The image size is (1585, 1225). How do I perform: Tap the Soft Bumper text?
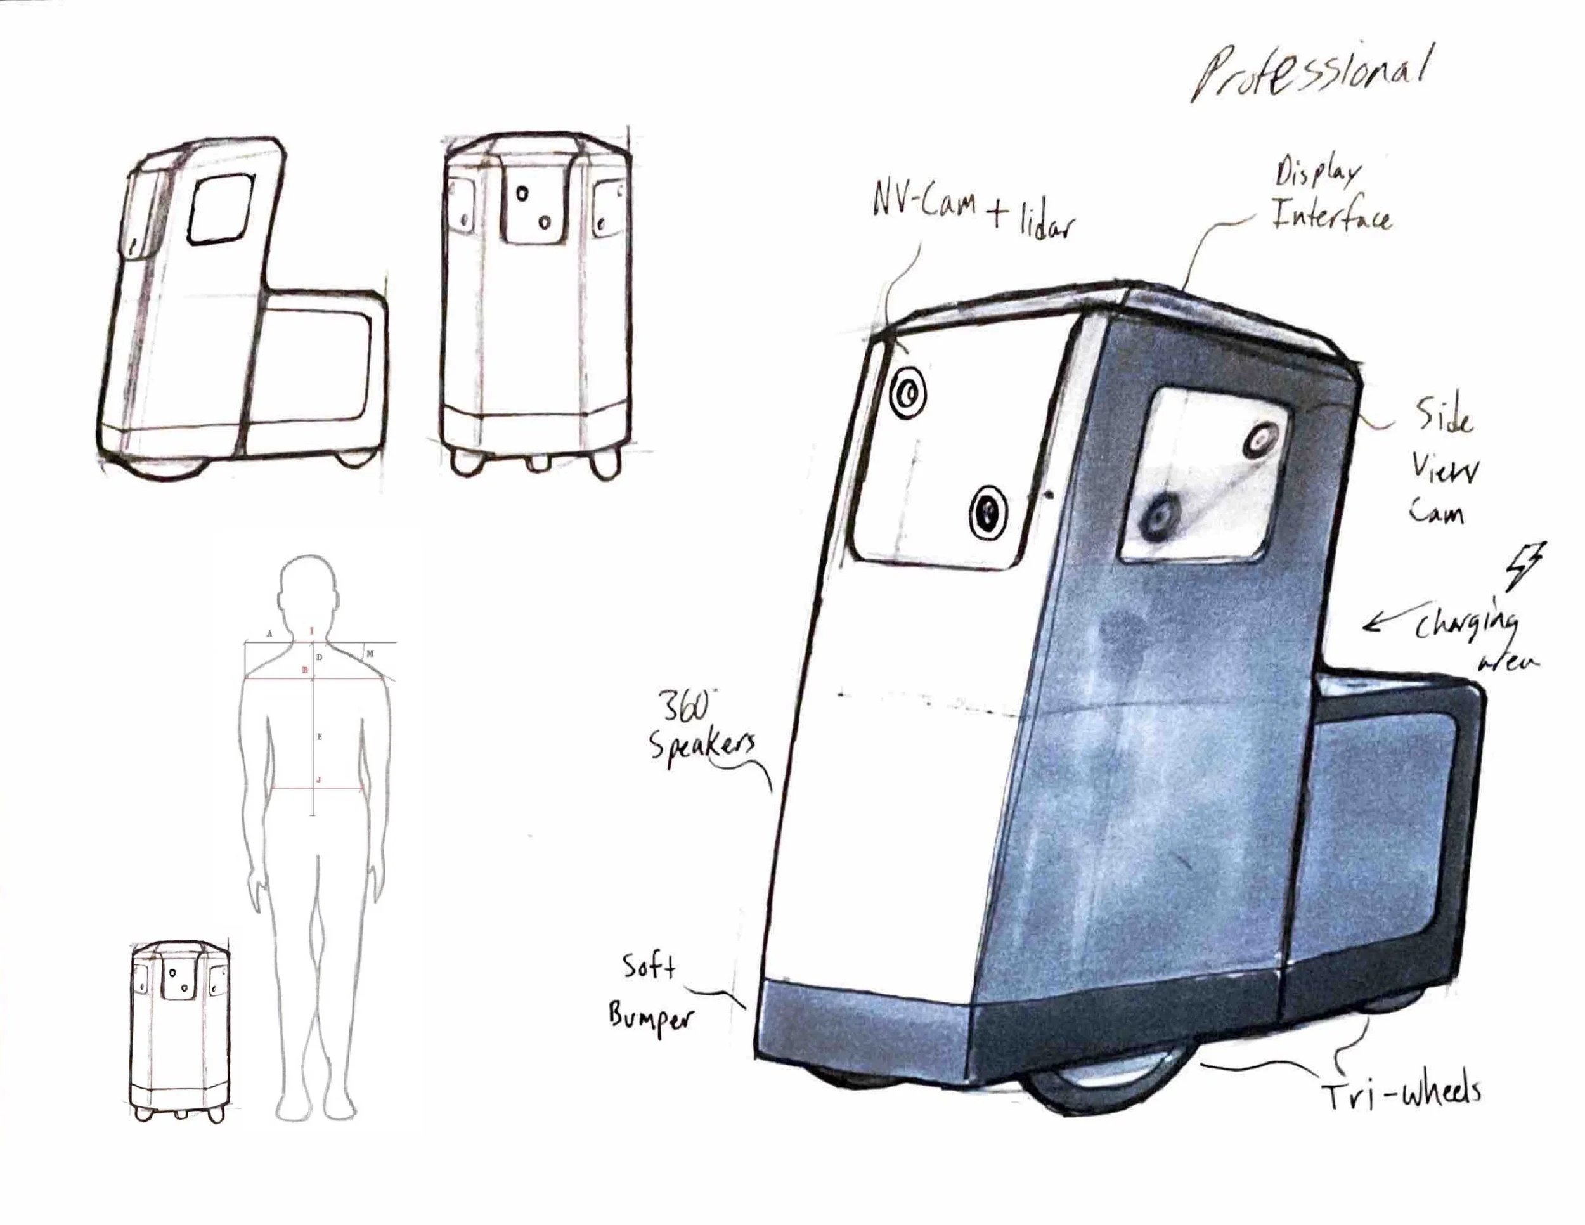coord(649,995)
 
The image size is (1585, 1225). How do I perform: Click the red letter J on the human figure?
coord(319,780)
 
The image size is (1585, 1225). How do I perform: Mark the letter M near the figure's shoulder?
coord(370,654)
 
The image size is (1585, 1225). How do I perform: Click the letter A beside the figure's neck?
coord(269,633)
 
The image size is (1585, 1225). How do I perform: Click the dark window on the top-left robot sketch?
coord(221,207)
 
